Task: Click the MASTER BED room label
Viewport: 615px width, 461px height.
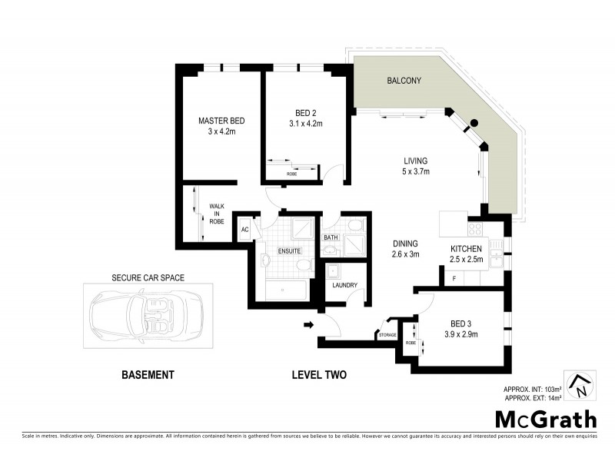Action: [x=221, y=121]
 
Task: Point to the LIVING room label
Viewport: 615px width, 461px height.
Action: [x=415, y=161]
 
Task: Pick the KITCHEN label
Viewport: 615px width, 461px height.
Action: [x=466, y=249]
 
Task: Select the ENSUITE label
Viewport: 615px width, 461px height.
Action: [x=289, y=250]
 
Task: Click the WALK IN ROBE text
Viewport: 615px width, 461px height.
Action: [x=216, y=214]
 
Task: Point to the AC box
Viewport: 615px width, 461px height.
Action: [x=245, y=229]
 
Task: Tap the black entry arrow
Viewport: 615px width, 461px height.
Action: [x=309, y=325]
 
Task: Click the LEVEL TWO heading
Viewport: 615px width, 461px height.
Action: [x=319, y=376]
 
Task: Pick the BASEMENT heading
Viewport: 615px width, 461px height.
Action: [x=148, y=376]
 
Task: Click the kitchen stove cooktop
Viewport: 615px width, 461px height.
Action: [x=474, y=228]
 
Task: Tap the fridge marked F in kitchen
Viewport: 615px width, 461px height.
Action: [x=455, y=277]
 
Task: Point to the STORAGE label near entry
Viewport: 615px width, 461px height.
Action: [x=387, y=335]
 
